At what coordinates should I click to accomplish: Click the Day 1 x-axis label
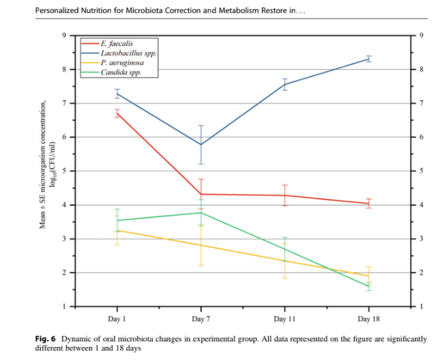(117, 320)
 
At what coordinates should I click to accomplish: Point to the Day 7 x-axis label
(201, 320)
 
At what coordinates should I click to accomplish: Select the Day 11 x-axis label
(284, 320)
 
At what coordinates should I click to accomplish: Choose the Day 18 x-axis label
(369, 320)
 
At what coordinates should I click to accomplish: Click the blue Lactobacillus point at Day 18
(369, 59)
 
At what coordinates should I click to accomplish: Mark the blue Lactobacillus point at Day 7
(201, 145)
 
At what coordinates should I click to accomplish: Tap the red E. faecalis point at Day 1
(117, 113)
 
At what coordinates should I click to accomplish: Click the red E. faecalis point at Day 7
(201, 194)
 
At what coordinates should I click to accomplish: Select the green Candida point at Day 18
(369, 286)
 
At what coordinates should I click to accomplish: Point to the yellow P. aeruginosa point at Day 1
(117, 230)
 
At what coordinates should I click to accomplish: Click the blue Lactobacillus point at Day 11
(284, 85)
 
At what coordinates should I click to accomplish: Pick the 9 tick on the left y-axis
(65, 36)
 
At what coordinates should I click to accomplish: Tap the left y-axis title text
(45, 165)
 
